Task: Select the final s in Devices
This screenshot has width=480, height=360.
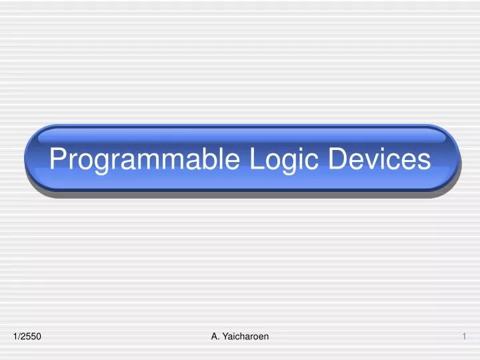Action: pyautogui.click(x=425, y=161)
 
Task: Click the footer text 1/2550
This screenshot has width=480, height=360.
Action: pyautogui.click(x=27, y=337)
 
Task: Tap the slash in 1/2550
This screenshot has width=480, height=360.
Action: pyautogui.click(x=19, y=337)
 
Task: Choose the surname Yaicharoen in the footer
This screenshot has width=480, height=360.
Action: pyautogui.click(x=245, y=337)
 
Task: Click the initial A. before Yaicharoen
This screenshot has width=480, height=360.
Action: pyautogui.click(x=215, y=337)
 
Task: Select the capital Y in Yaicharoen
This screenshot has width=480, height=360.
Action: pyautogui.click(x=225, y=337)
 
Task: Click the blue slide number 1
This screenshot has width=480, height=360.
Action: pyautogui.click(x=464, y=337)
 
